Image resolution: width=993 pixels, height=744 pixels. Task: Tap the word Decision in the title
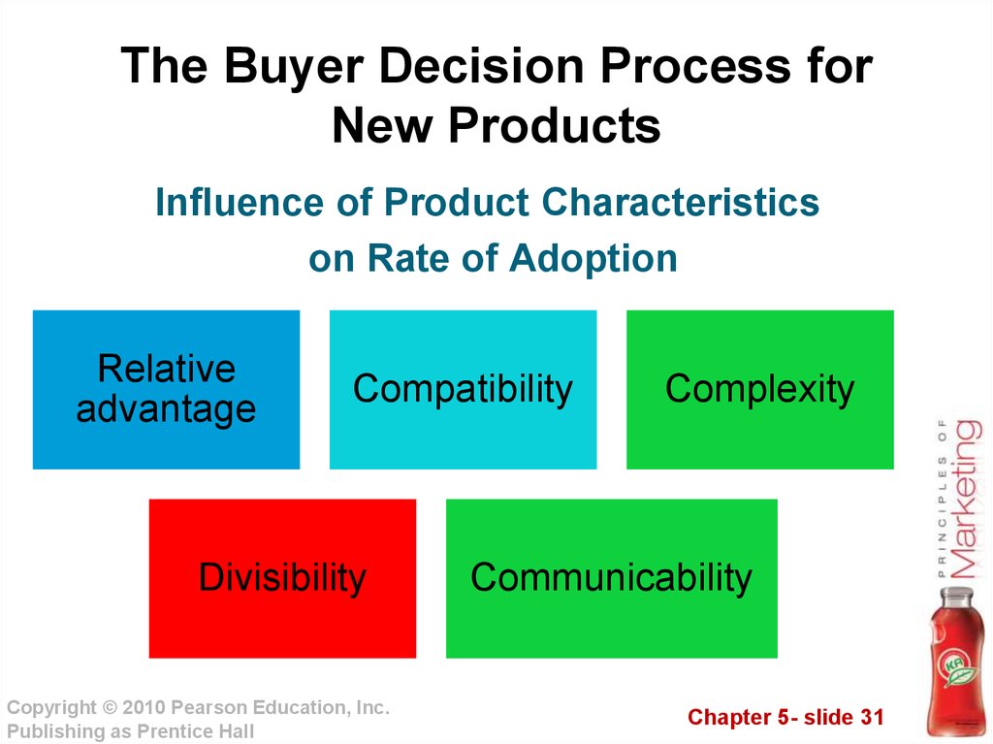(481, 65)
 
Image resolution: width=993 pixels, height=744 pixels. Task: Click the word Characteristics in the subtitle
(680, 202)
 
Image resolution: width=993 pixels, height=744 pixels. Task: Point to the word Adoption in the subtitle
(593, 259)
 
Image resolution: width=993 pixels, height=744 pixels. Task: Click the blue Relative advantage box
(166, 390)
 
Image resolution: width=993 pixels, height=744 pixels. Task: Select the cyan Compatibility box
(463, 390)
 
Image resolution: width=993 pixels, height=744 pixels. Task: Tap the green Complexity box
(760, 390)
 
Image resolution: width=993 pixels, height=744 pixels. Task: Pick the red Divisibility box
(282, 578)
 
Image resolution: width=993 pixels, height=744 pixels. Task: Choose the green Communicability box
(612, 578)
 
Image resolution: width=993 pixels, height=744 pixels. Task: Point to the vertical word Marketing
(967, 499)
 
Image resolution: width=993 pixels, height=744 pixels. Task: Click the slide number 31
(872, 717)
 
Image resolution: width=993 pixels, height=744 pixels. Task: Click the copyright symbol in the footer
(110, 707)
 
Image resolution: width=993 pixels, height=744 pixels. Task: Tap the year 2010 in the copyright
(144, 707)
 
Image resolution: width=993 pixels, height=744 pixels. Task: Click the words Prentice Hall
(196, 731)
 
